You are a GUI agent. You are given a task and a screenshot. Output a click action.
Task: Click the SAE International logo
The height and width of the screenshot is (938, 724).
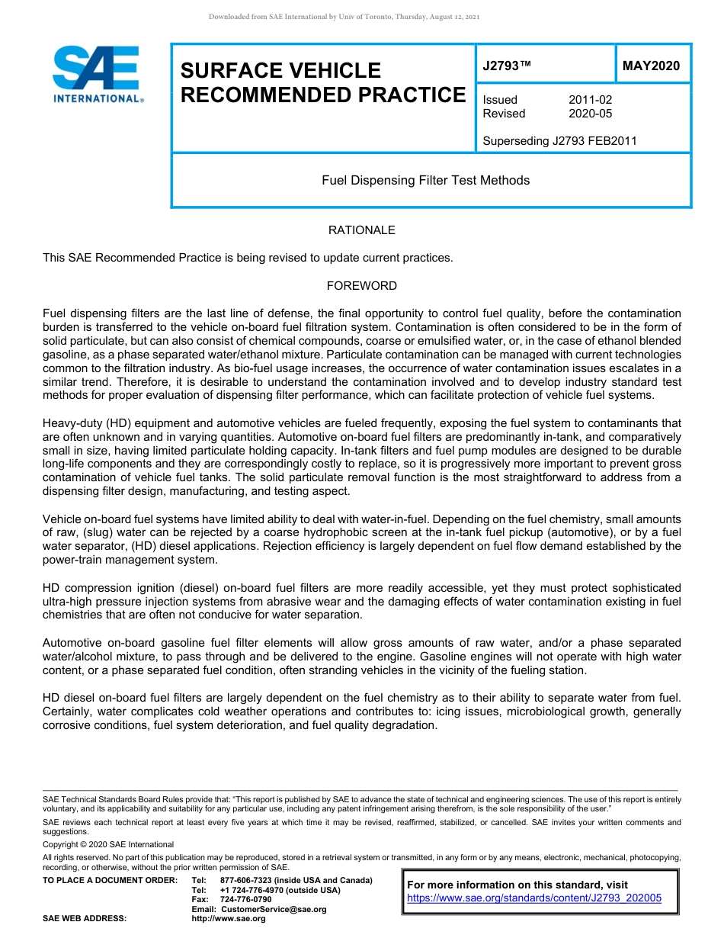(95, 74)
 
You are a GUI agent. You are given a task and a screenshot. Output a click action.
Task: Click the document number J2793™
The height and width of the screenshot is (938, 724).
(506, 66)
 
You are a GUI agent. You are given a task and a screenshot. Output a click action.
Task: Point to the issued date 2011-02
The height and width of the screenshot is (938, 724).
(590, 100)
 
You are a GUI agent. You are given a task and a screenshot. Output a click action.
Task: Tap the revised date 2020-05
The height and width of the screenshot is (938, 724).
(590, 114)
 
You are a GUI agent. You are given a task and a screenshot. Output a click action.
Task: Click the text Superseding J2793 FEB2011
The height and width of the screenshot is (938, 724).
(559, 141)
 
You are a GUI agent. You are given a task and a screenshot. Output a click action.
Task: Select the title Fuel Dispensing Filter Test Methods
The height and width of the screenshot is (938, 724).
(425, 181)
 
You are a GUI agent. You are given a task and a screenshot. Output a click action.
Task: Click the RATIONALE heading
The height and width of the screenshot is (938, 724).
(361, 230)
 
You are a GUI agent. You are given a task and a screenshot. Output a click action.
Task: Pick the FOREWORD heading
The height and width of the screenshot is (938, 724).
(361, 286)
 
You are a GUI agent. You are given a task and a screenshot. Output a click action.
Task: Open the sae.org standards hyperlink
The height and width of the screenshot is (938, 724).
(534, 898)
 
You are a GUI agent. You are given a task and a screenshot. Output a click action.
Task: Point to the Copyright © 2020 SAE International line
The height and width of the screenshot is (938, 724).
(108, 844)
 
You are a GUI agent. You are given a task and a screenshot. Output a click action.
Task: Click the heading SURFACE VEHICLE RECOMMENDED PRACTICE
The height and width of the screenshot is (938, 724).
(322, 83)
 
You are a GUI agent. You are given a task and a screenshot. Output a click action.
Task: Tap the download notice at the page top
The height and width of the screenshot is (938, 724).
(344, 17)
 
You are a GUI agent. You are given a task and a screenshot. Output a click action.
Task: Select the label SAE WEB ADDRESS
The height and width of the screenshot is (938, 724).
(85, 919)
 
